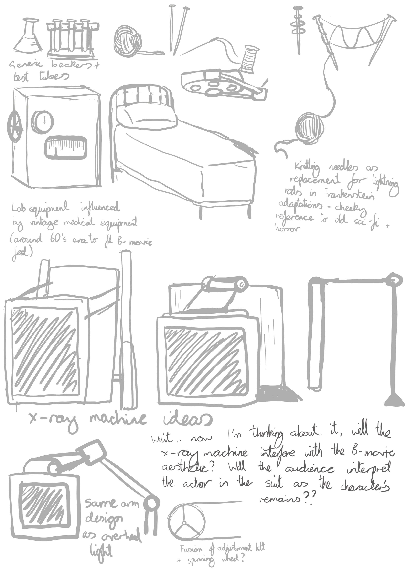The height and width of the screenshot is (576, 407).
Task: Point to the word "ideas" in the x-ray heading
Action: click(187, 418)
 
